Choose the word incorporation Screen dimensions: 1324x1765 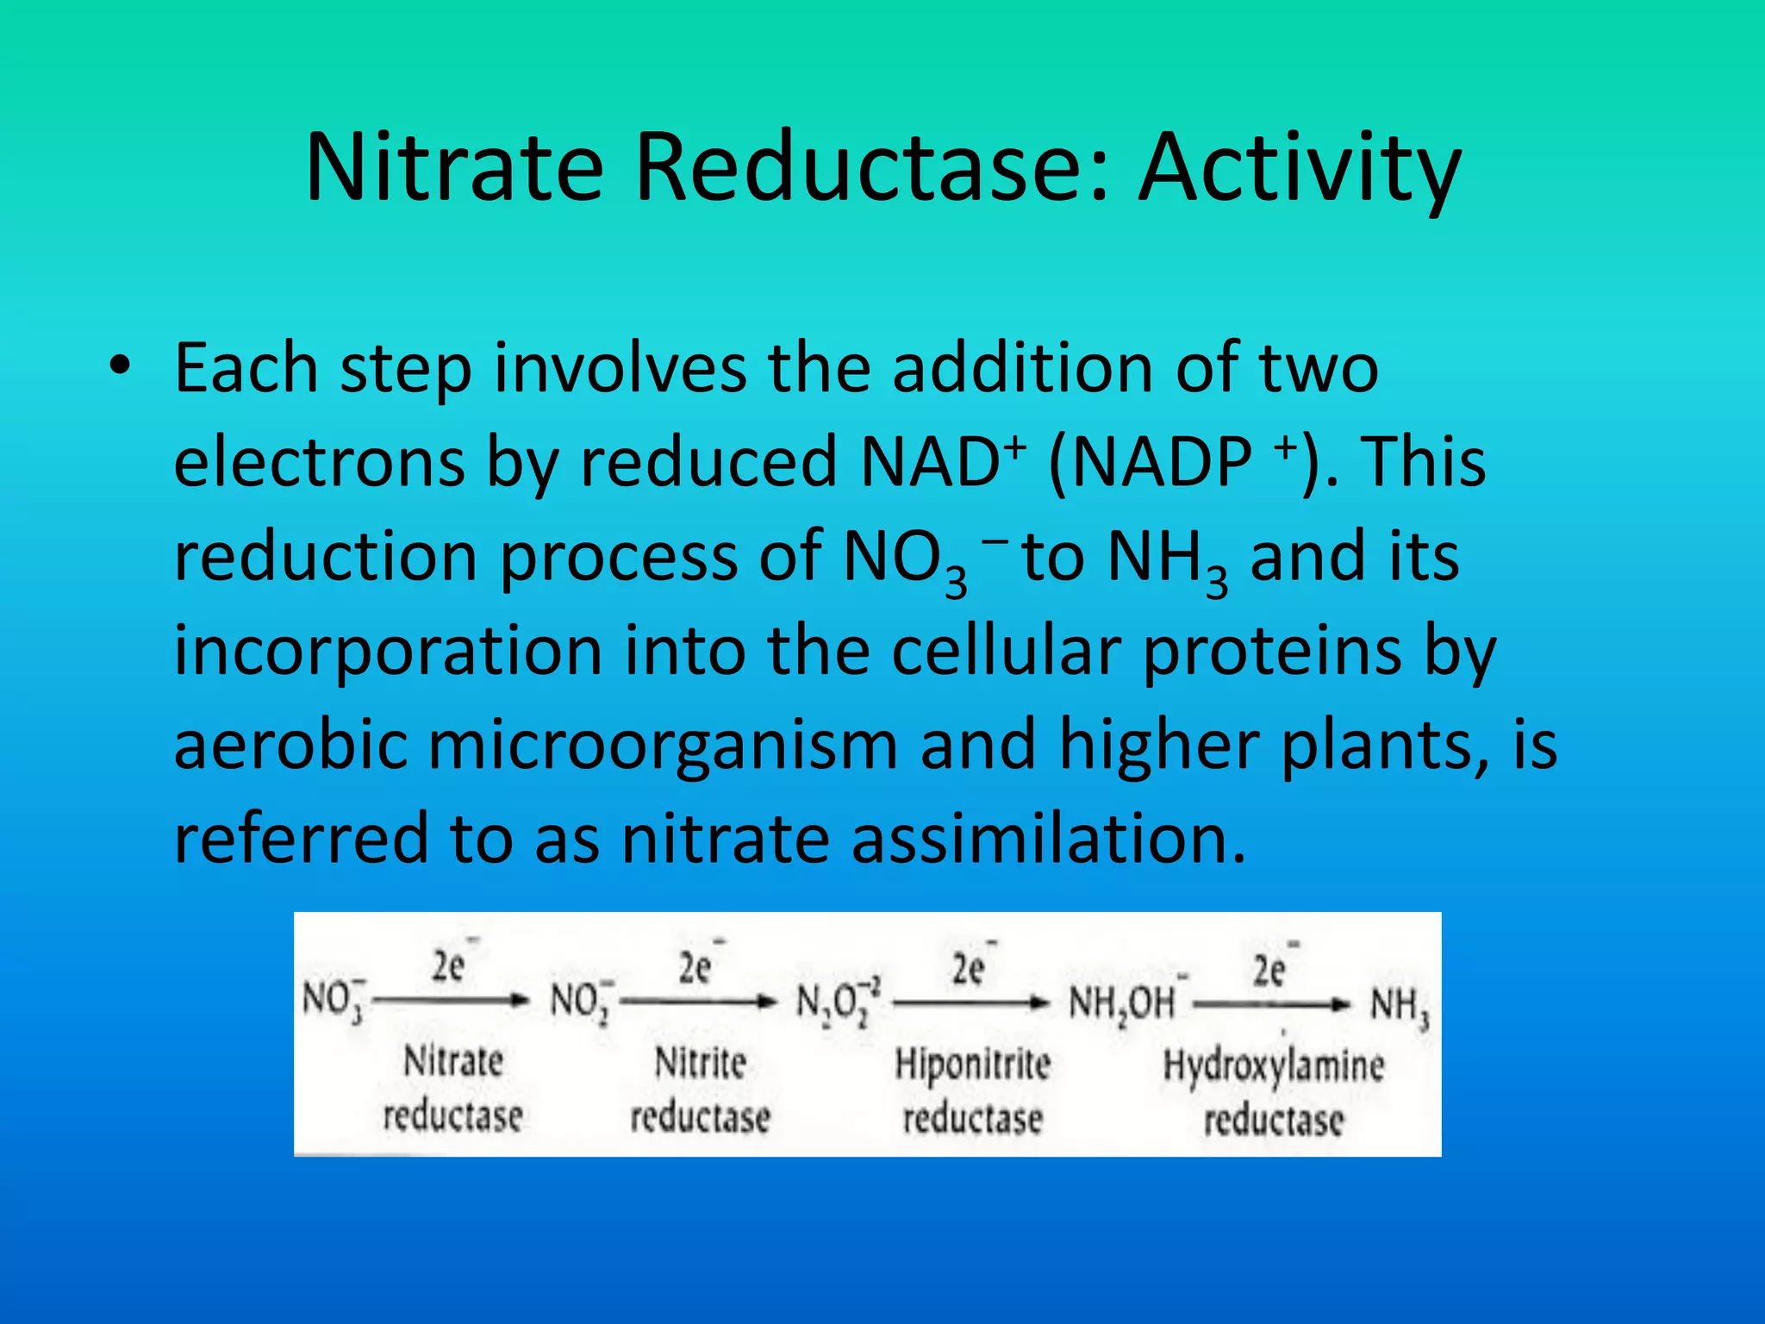[388, 650]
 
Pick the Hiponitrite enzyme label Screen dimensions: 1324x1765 [972, 1065]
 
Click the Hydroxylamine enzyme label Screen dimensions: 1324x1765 [1273, 1066]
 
